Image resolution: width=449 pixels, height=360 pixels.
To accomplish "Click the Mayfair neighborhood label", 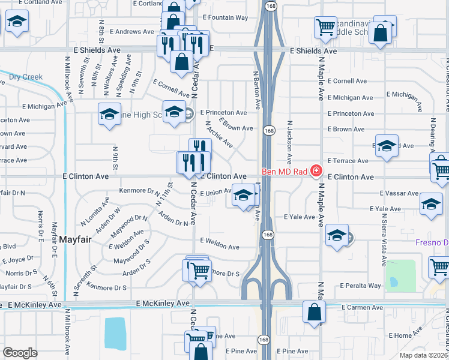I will click(75, 239).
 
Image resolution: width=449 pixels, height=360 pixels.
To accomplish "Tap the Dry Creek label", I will click(26, 77).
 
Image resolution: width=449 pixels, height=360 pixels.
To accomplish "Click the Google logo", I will click(20, 353).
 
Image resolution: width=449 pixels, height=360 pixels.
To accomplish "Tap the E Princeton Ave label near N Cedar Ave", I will click(223, 112).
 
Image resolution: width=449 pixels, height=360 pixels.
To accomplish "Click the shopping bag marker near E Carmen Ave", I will click(314, 313).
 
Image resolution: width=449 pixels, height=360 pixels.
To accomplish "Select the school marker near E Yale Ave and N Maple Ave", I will click(337, 235).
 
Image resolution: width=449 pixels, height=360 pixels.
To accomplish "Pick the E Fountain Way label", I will click(225, 17).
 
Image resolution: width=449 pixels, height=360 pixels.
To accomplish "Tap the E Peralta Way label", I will click(360, 286).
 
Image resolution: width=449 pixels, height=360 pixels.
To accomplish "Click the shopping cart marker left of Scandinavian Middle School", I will click(325, 26).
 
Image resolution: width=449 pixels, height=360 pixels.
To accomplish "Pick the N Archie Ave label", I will click(219, 134).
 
